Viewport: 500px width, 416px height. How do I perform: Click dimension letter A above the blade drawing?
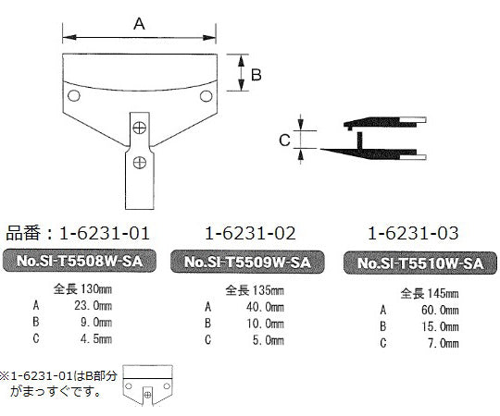click(x=140, y=25)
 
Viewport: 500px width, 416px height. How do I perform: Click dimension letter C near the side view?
click(x=285, y=140)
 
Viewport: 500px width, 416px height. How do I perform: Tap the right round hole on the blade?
click(x=205, y=94)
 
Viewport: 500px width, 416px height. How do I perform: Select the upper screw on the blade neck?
click(x=140, y=127)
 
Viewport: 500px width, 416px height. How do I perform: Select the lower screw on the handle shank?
click(x=139, y=162)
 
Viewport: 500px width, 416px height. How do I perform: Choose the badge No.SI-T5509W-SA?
click(x=248, y=262)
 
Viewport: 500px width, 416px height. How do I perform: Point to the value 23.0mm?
click(x=90, y=306)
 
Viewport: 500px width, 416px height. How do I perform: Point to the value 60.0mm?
click(x=435, y=311)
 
